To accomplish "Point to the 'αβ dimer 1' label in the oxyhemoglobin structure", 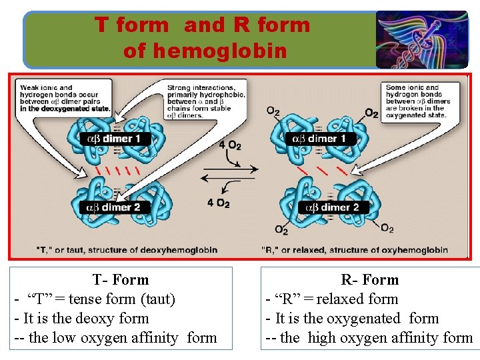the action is pos(319,139).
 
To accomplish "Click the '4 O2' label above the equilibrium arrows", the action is pos(229,145).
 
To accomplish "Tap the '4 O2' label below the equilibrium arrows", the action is pos(218,203).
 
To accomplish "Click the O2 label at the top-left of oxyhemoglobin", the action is pos(273,111).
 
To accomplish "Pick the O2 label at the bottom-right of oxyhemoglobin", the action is pos(387,229).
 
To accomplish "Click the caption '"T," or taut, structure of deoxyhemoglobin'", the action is pos(127,250).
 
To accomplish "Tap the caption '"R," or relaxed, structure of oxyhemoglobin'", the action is pos(355,250).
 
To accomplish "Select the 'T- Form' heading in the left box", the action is pos(121,279).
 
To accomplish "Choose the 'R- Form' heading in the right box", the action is pos(370,279).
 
